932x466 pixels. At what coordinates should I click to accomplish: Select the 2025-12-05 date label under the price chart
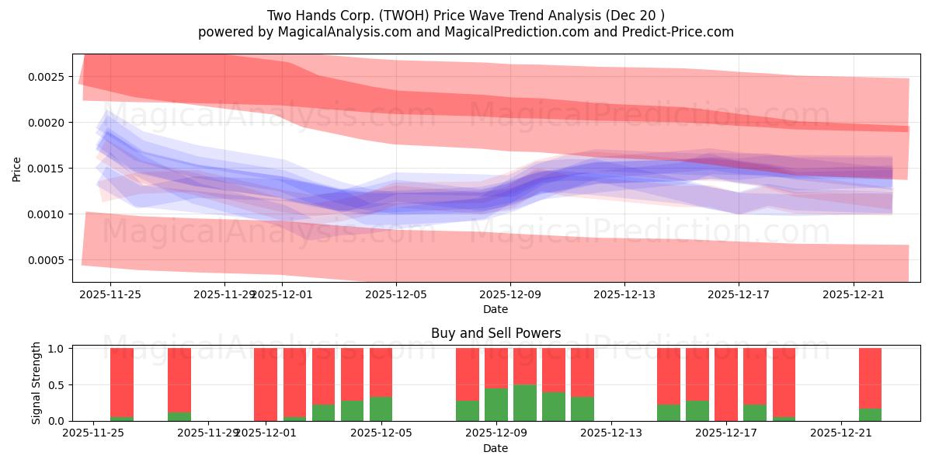[396, 294]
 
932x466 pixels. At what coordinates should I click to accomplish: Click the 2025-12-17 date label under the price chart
[738, 294]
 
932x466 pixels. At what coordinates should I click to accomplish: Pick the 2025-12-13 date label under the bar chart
[612, 433]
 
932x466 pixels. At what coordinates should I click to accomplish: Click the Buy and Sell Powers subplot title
[496, 334]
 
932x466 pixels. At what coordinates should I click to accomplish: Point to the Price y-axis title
[17, 169]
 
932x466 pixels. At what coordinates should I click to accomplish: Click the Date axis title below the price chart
[496, 309]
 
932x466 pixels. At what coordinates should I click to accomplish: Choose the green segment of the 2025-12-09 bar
[525, 403]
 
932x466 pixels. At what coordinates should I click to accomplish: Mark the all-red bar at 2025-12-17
[726, 384]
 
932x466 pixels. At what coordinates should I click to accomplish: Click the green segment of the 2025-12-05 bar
[381, 409]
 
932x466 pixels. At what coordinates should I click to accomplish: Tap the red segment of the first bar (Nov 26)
[122, 382]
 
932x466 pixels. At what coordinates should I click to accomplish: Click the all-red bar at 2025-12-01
[266, 384]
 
